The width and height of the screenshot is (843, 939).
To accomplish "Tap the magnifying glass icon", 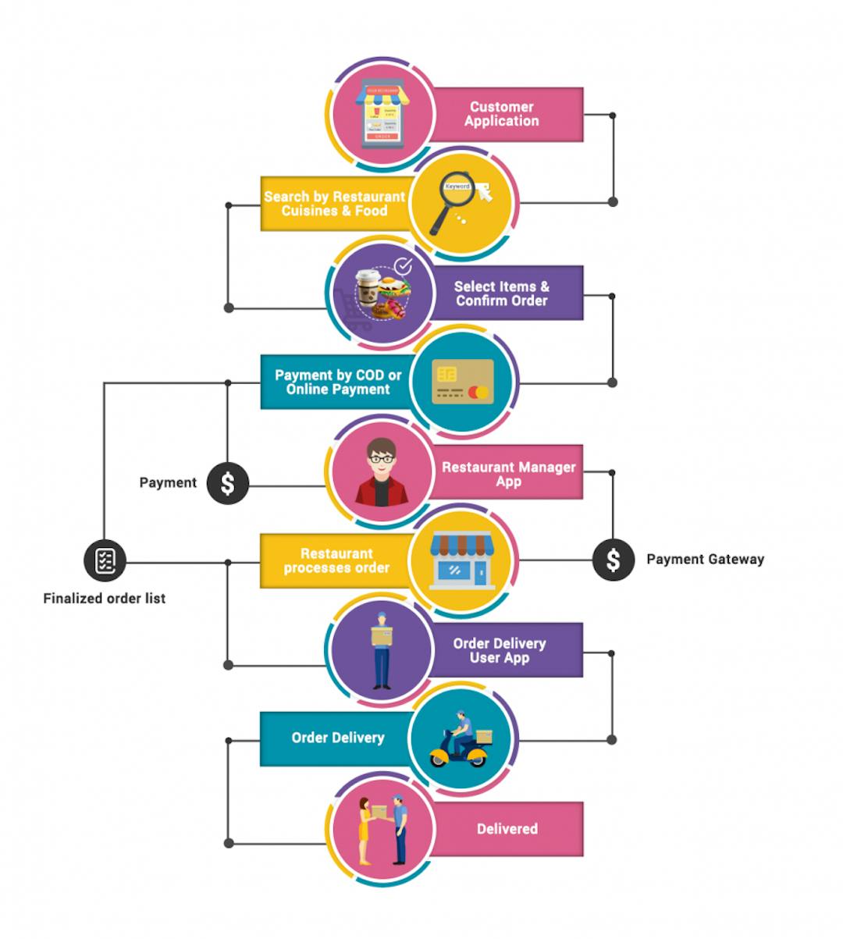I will (461, 203).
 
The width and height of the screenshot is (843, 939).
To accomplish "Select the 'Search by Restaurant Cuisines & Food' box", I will (335, 204).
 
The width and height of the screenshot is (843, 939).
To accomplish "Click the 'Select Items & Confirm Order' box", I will (503, 293).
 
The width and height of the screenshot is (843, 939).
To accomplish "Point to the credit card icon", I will (463, 382).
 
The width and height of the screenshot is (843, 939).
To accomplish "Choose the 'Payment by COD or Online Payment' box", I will (337, 382).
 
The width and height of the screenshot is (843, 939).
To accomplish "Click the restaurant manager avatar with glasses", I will (382, 471).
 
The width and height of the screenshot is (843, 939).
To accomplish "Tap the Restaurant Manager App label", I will (507, 473).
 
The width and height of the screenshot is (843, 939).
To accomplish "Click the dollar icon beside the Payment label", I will (227, 483).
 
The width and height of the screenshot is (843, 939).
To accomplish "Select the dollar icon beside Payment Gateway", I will (614, 560).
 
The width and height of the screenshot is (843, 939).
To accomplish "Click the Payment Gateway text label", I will (705, 560).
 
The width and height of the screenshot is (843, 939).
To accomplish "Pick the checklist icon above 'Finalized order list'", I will (105, 560).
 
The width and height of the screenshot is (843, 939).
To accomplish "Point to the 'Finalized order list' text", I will (105, 599).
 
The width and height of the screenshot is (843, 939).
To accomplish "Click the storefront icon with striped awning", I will (461, 560).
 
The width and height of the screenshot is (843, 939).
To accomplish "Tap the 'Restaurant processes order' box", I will (336, 560).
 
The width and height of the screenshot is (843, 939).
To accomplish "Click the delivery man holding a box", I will (381, 649).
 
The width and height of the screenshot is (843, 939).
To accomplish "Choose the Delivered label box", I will (507, 829).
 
